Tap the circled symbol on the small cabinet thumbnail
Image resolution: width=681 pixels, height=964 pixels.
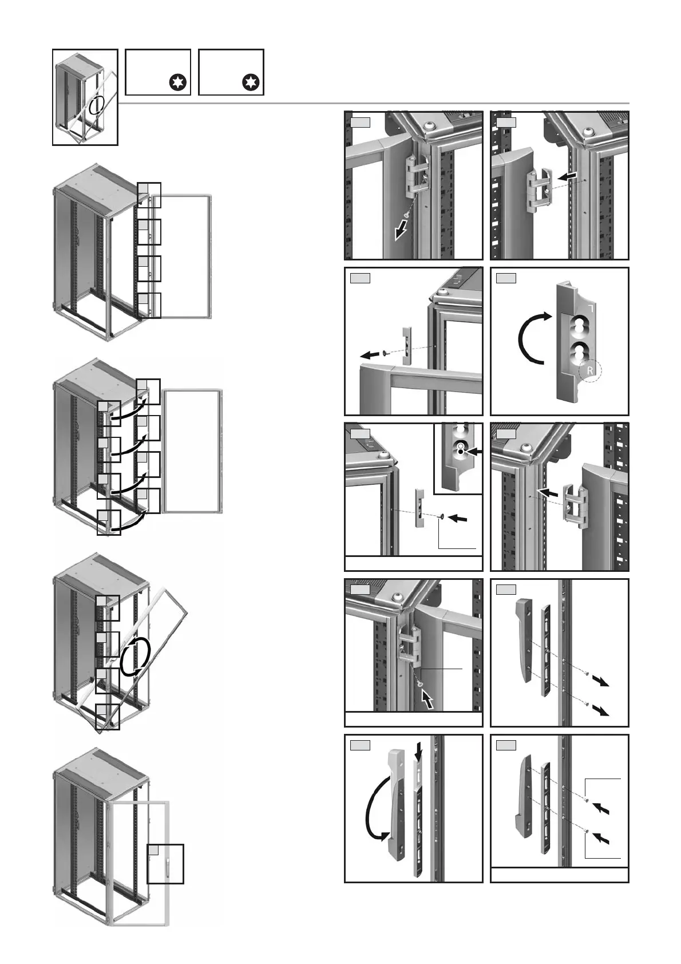click(x=97, y=105)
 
